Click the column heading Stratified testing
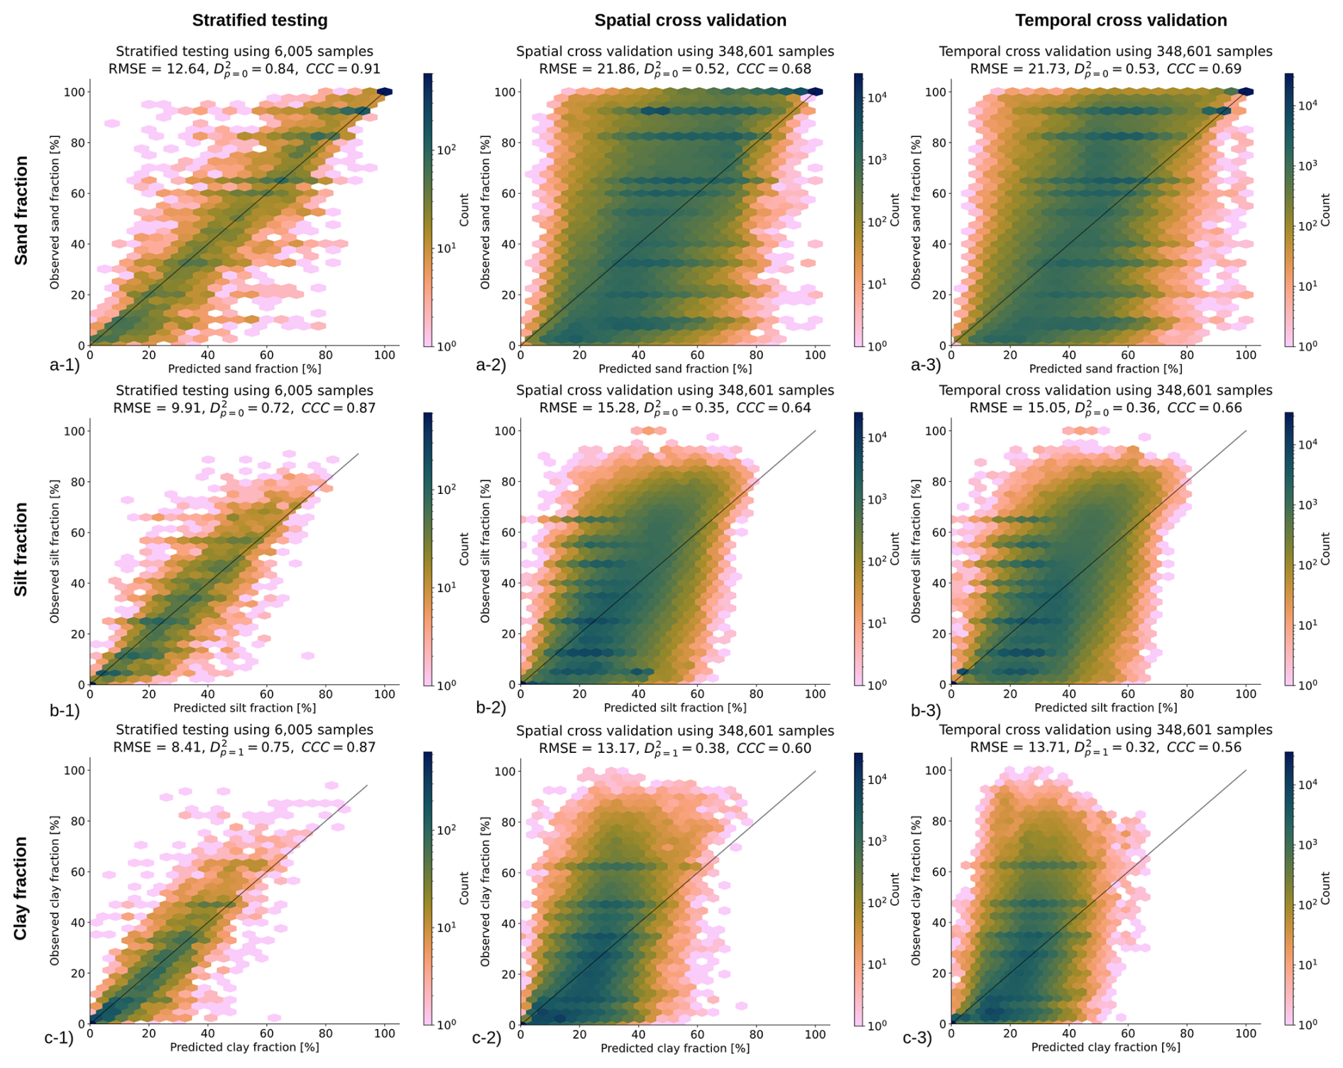[260, 21]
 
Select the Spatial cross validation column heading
[690, 21]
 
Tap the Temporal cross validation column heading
[1121, 21]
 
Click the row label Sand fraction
[22, 211]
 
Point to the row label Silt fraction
[22, 549]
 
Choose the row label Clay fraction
[22, 888]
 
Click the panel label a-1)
[65, 365]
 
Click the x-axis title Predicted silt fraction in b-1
[244, 708]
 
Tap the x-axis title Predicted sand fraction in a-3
[1105, 369]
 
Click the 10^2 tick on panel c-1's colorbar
[446, 829]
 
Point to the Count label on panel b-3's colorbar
[1325, 549]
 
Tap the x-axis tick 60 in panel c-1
[267, 1034]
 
